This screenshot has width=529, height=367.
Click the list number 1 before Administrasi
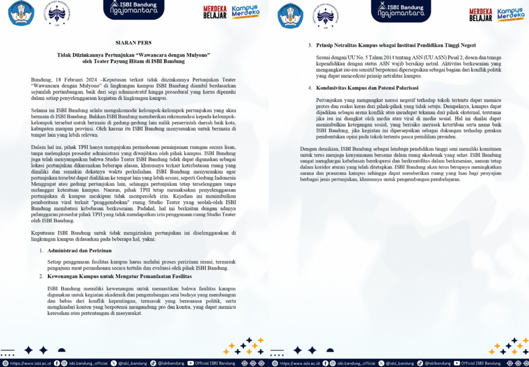tap(41, 250)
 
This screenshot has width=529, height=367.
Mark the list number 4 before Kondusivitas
tap(309, 88)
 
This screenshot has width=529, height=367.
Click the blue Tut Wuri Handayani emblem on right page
tap(290, 13)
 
